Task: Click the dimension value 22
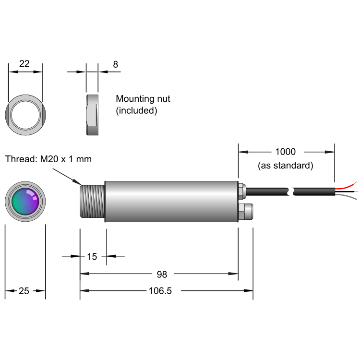click(x=24, y=64)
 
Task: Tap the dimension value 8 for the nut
click(x=115, y=64)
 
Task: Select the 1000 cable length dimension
click(x=285, y=152)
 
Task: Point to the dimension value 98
click(x=162, y=274)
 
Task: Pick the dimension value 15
click(x=92, y=256)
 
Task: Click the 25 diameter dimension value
click(x=24, y=291)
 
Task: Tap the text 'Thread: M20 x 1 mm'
click(x=48, y=159)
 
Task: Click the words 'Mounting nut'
click(x=143, y=99)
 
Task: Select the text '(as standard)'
click(x=286, y=166)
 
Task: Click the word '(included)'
click(x=137, y=110)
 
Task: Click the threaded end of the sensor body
click(x=93, y=202)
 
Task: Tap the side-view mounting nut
click(x=92, y=114)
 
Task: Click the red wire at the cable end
click(x=347, y=186)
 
